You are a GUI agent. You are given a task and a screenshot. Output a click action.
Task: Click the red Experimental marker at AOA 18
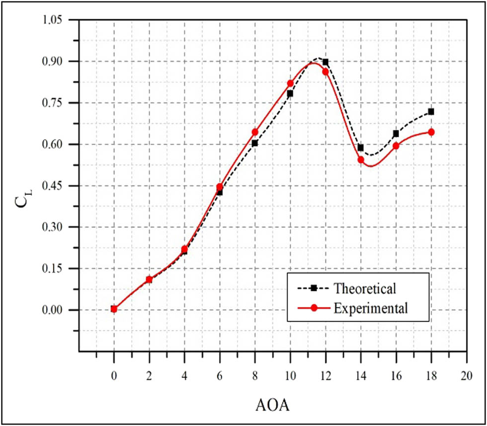coord(431,132)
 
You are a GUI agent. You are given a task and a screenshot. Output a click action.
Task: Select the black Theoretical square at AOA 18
coord(431,112)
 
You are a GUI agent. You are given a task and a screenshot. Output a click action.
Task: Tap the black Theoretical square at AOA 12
coord(325,62)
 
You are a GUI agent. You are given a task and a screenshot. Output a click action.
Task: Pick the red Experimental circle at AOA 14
coord(361,160)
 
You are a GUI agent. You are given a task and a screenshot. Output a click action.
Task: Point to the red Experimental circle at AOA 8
coord(255,132)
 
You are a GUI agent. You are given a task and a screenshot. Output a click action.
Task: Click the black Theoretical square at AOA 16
coord(396,134)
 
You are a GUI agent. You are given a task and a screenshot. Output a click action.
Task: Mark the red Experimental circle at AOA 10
coord(290,84)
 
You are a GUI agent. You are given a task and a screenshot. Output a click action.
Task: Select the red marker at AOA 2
coord(149,279)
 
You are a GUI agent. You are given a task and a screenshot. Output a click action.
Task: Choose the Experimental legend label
coord(371,308)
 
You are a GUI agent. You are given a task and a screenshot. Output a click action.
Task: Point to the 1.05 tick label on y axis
coord(54,20)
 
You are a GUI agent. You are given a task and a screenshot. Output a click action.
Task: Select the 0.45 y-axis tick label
coord(54,186)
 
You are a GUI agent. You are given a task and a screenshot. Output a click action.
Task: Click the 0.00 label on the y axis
coord(54,310)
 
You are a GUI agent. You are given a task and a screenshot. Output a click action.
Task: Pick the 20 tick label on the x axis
coord(466,376)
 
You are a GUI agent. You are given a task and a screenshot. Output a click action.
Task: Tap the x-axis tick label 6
coord(220,376)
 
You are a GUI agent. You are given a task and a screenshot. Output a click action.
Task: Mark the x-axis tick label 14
coord(361,376)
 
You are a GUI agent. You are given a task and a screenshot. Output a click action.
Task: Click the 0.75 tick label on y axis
coord(54,103)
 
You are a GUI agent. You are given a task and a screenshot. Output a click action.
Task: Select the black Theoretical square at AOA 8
coord(255,143)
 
